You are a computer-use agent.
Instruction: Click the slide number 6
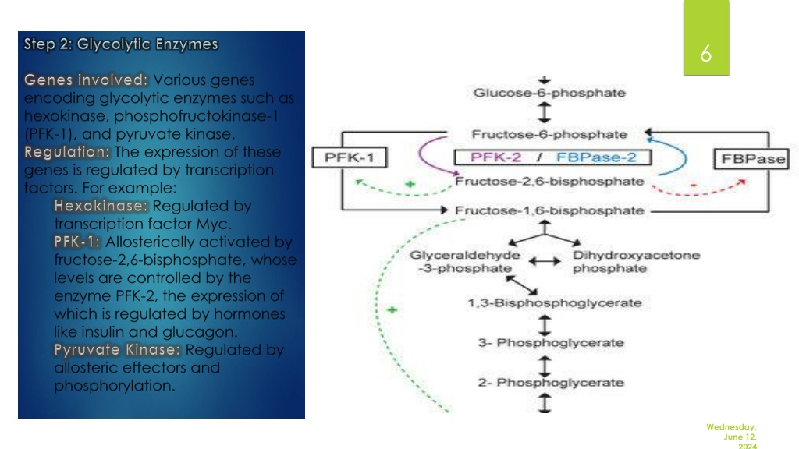[x=705, y=54]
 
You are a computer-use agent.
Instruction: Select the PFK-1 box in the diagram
[x=349, y=157]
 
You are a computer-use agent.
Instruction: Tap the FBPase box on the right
[x=752, y=159]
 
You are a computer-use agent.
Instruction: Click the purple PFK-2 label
[x=495, y=157]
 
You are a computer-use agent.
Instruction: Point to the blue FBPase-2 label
[x=596, y=157]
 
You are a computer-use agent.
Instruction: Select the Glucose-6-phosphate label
[x=549, y=93]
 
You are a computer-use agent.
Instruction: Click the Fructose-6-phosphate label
[x=549, y=134]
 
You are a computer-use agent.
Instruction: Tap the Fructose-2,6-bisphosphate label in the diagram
[x=549, y=181]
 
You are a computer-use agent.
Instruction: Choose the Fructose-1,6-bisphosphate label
[x=549, y=210]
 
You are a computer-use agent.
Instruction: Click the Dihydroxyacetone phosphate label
[x=636, y=262]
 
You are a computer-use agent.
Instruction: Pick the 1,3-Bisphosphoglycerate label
[x=555, y=303]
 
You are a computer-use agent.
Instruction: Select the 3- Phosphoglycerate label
[x=551, y=343]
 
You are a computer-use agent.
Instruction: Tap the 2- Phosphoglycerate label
[x=551, y=382]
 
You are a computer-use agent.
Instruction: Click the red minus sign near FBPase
[x=693, y=186]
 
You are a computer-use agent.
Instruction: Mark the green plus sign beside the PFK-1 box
[x=410, y=184]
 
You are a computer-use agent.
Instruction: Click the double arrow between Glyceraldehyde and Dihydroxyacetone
[x=545, y=262]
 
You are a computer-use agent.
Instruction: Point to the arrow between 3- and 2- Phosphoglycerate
[x=545, y=366]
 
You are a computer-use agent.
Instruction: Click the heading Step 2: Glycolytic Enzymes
[x=121, y=44]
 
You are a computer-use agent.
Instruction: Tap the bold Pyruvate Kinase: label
[x=117, y=350]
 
